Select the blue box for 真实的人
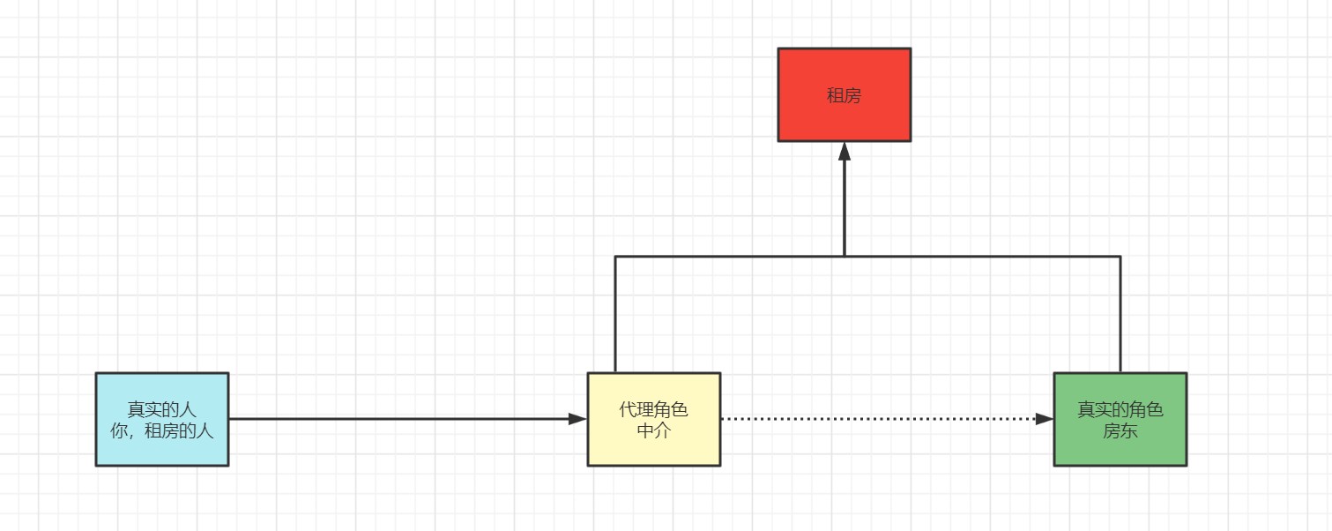[x=161, y=450]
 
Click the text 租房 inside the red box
[x=844, y=95]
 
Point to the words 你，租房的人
[x=162, y=431]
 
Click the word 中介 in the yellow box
[x=653, y=430]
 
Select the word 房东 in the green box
[x=1120, y=430]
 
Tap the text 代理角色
[x=653, y=409]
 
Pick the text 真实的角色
[x=1120, y=409]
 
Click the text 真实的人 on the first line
[x=162, y=409]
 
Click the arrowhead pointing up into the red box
[x=844, y=151]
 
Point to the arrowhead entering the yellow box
[x=577, y=419]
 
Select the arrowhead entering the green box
[x=1044, y=419]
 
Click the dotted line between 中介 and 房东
[x=882, y=419]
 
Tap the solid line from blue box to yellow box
[x=397, y=419]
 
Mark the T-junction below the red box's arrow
[x=844, y=257]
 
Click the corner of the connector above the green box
[x=1120, y=257]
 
